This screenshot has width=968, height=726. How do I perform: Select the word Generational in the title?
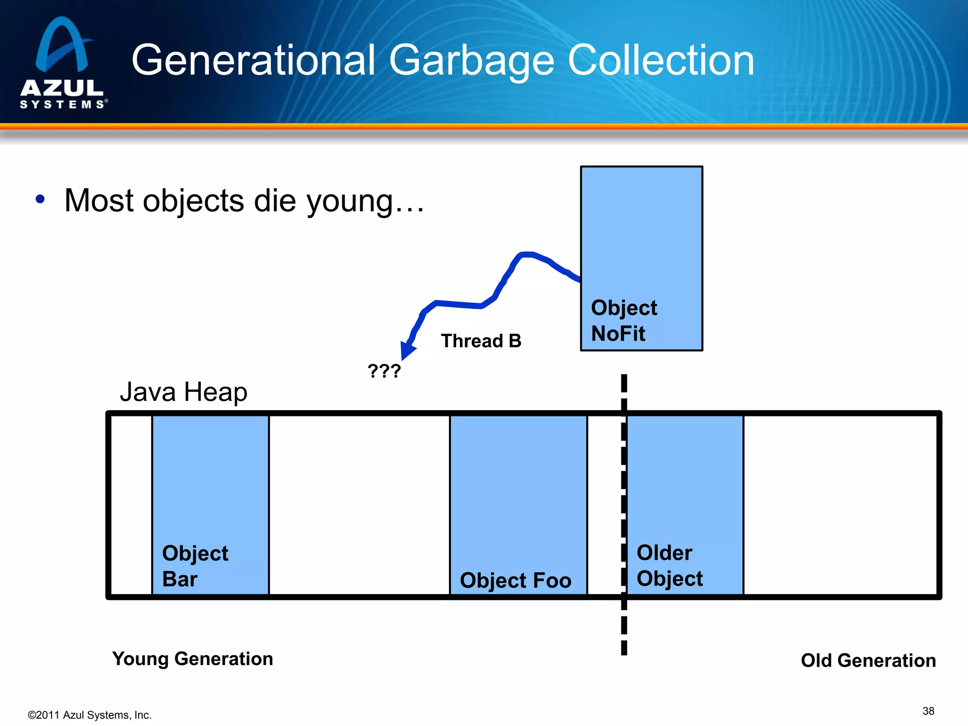coord(253,60)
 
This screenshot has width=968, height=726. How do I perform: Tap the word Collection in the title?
coord(660,60)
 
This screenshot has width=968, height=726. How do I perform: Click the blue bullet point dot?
coord(40,199)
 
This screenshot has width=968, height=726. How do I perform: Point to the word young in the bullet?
coord(350,201)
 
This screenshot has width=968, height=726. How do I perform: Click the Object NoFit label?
coord(623,320)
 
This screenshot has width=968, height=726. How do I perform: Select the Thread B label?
coord(481,341)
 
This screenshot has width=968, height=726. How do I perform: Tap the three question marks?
coord(384,371)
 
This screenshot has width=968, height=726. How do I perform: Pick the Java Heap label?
coord(183,392)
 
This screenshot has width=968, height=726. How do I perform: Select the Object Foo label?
coord(515,580)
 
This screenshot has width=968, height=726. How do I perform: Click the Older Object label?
coord(669,565)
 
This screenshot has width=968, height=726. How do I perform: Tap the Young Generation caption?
coord(192,658)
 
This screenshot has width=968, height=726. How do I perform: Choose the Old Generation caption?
coord(868,660)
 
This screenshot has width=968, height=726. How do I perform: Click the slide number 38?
coord(928,711)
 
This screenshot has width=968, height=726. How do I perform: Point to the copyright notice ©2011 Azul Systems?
coord(90,715)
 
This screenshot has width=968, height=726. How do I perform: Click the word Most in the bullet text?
coord(100,200)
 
